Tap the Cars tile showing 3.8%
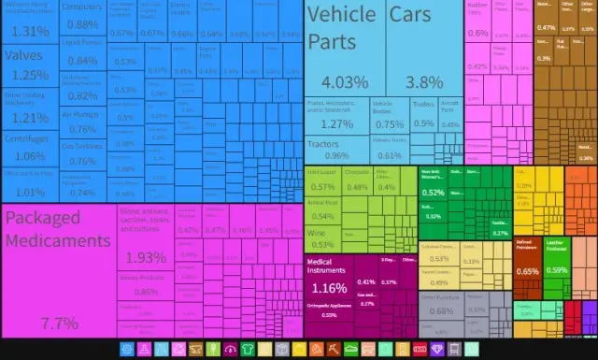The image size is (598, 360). point(411,47)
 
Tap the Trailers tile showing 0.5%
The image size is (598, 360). point(424,112)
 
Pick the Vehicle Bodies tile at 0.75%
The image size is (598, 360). point(390,112)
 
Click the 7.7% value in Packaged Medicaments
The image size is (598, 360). point(58,323)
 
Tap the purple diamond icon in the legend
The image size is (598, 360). point(440,349)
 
